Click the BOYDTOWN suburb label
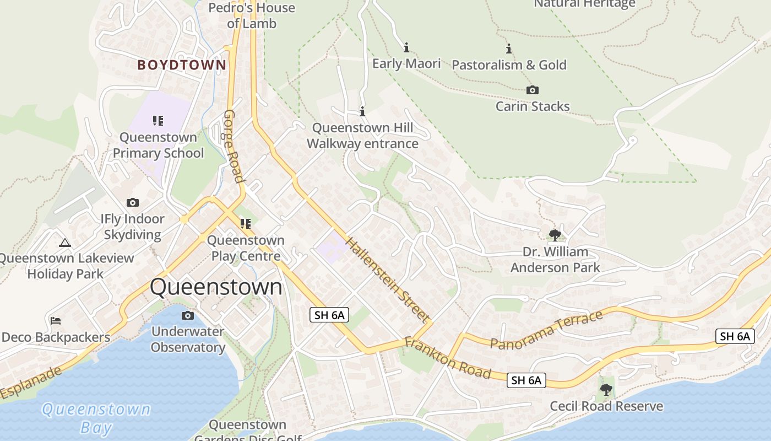(182, 65)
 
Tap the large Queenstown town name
(216, 287)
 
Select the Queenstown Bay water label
(96, 418)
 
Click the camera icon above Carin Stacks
(533, 90)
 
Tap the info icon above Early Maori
(406, 48)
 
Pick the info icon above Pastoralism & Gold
(509, 49)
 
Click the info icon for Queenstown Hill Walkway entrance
(362, 112)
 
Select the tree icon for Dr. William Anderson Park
(555, 236)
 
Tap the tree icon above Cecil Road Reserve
(606, 390)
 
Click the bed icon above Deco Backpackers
(55, 320)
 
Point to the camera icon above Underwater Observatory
(188, 316)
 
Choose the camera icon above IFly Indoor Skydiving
(132, 203)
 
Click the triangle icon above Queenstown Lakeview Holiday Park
(65, 243)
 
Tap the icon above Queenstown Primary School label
(158, 121)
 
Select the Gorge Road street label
(233, 146)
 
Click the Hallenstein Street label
(387, 280)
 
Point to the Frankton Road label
(447, 358)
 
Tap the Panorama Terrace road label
(546, 330)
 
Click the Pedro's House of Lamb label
(252, 15)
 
